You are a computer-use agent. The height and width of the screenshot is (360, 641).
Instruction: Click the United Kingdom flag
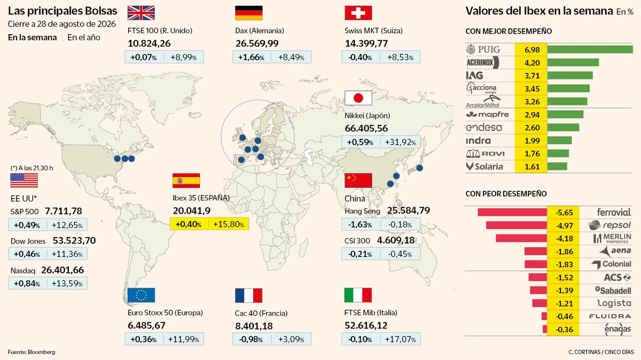pos(141,13)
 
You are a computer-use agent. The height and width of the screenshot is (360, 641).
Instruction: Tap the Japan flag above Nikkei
pos(358,98)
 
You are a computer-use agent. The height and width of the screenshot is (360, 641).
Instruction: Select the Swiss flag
pos(358,13)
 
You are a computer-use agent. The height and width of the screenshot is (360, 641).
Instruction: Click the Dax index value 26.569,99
pos(257,43)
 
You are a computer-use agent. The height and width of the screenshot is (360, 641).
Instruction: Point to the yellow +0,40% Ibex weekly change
pos(188,224)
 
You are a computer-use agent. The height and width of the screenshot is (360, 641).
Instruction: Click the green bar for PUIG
pos(590,49)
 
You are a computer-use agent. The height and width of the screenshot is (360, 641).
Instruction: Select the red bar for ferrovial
pos(512,213)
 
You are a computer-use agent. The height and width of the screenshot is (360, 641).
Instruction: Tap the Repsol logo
pos(609,225)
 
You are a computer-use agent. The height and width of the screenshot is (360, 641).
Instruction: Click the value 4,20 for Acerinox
pos(532,62)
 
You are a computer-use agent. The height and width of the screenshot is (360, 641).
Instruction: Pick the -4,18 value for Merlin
pos(564,238)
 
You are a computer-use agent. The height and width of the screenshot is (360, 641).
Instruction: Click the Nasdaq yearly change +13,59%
pos(67,284)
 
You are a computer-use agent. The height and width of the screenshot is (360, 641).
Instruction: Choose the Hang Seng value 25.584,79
pos(408,210)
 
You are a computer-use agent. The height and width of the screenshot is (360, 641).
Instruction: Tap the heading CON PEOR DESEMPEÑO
pos(506,194)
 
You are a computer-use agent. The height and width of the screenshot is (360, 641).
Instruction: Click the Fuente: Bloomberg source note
pos(32,352)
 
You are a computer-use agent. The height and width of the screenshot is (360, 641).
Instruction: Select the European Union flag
pos(141,295)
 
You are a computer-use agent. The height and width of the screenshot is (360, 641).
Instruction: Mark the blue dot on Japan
pos(419,168)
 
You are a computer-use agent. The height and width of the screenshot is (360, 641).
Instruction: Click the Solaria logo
pos(484,167)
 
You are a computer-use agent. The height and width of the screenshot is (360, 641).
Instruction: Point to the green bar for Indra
pos(559,140)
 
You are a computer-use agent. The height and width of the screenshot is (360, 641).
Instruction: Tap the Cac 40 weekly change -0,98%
pos(251,339)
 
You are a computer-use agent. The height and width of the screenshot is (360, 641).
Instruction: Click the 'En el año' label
pos(84,37)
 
